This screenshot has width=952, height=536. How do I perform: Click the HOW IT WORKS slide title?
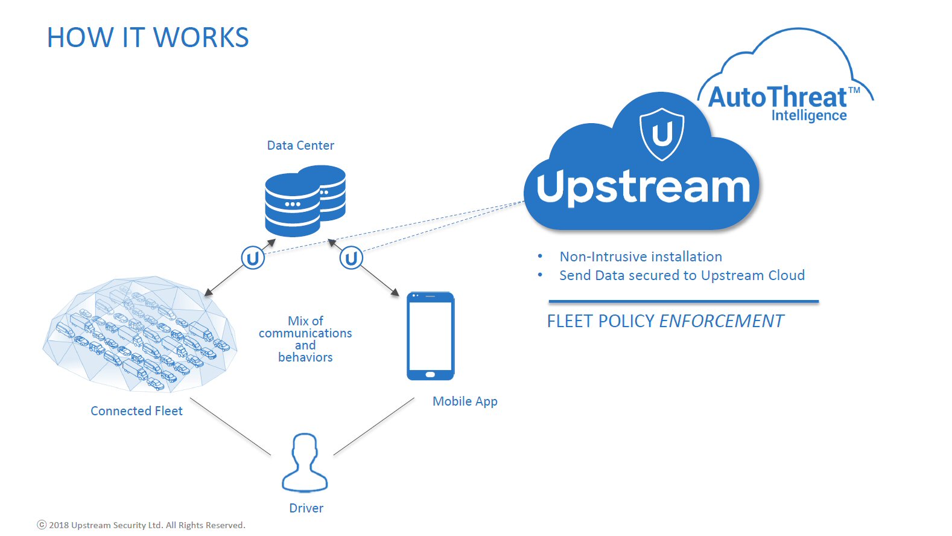pyautogui.click(x=147, y=37)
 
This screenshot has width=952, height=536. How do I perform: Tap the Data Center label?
pyautogui.click(x=300, y=145)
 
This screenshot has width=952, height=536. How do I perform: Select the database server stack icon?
pyautogui.click(x=305, y=200)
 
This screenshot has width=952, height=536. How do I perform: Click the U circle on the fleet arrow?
pyautogui.click(x=253, y=258)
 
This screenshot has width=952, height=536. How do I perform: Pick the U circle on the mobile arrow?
pyautogui.click(x=351, y=258)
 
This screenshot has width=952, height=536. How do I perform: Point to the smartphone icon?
pyautogui.click(x=431, y=336)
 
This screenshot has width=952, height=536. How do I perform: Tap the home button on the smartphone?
pyautogui.click(x=430, y=374)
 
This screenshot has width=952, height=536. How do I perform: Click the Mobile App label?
pyautogui.click(x=465, y=401)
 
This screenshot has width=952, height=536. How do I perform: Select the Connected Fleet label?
pyautogui.click(x=136, y=410)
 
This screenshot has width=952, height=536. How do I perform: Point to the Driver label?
pyautogui.click(x=306, y=508)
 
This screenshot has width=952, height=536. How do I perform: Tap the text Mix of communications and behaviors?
pyautogui.click(x=305, y=339)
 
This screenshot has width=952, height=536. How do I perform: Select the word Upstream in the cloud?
pyautogui.click(x=644, y=187)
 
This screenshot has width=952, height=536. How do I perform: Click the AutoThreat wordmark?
pyautogui.click(x=777, y=97)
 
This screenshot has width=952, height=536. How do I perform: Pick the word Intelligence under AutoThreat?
pyautogui.click(x=809, y=116)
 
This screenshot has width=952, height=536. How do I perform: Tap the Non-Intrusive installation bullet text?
pyautogui.click(x=641, y=257)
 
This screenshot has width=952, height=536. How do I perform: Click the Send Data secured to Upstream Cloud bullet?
pyautogui.click(x=682, y=275)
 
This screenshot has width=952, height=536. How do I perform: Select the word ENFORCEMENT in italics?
pyautogui.click(x=721, y=321)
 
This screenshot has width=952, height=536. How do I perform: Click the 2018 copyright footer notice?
pyautogui.click(x=142, y=525)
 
